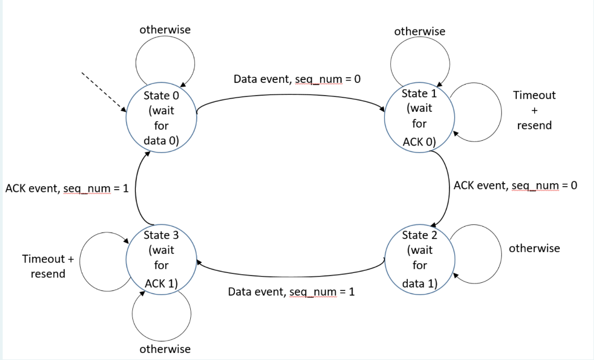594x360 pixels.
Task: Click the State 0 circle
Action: point(161,118)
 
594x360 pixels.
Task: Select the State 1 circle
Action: point(419,118)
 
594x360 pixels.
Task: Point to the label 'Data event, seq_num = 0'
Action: point(297,78)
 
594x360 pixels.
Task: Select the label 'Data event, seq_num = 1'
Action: point(291,292)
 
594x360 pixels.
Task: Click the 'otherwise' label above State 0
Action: point(165,29)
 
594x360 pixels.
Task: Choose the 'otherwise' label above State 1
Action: point(419,31)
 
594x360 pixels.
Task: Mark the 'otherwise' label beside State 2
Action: point(534,248)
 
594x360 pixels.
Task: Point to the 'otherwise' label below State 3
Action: point(165,349)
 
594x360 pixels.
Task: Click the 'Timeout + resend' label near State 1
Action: point(534,110)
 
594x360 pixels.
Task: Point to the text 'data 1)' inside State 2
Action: point(419,283)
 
